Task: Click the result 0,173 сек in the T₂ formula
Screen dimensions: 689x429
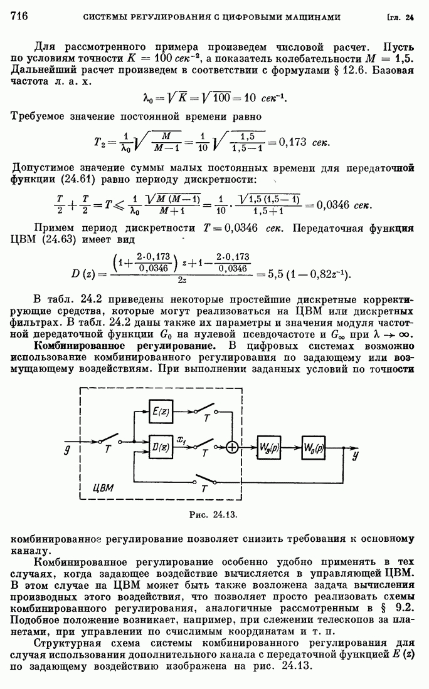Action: tap(302, 142)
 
